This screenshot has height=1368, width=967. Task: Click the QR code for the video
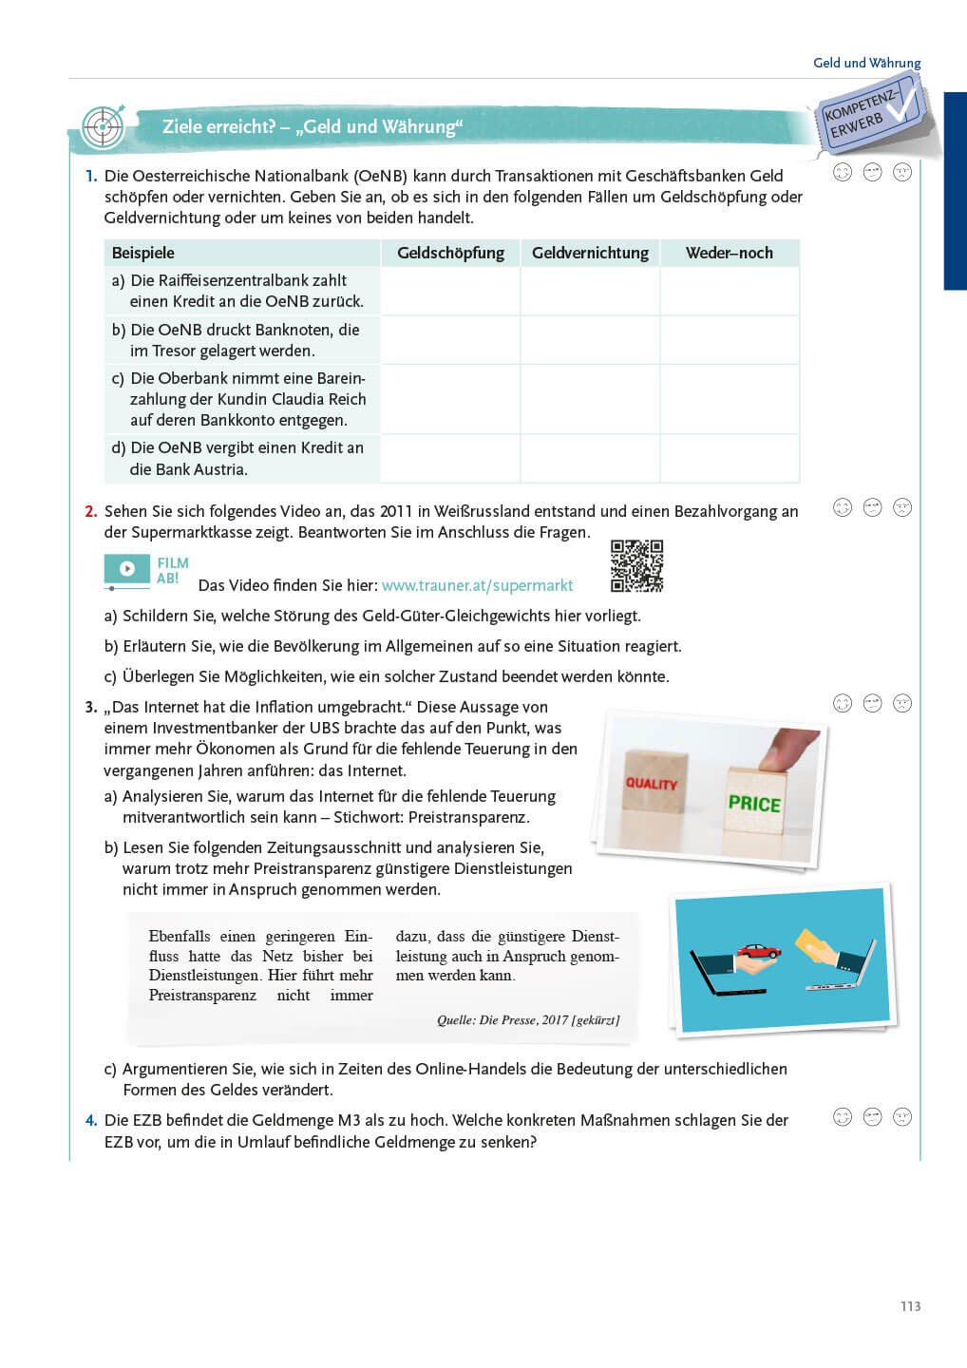636,566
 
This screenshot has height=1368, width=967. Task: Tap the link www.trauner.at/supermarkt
477,586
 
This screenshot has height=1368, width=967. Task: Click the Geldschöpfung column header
450,253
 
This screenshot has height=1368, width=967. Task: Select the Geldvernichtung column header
590,253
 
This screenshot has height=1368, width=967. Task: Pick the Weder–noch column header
730,253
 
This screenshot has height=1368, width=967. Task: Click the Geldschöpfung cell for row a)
450,291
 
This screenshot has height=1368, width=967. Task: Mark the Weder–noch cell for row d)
730,459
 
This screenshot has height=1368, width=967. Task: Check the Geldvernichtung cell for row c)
590,399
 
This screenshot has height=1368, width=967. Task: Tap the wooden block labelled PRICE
754,801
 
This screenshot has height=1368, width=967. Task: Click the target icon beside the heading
103,127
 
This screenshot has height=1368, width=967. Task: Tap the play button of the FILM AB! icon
127,569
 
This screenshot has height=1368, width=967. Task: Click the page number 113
910,1306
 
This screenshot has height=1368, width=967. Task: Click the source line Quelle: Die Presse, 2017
527,1020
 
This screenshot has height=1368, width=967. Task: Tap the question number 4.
91,1121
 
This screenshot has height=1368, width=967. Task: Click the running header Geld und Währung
866,63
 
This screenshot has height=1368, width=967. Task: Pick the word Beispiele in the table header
143,253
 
